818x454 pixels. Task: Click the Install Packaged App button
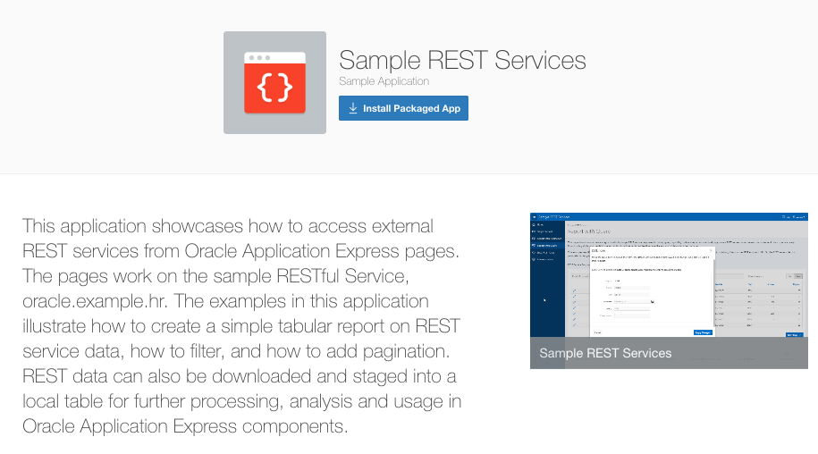[x=403, y=108]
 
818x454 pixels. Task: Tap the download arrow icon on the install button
[x=353, y=108]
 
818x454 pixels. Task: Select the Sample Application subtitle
[x=384, y=81]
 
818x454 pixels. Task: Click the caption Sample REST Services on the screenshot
[x=605, y=353]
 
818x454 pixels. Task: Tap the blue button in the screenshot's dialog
[x=703, y=332]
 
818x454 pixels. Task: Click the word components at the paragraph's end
[x=297, y=426]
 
